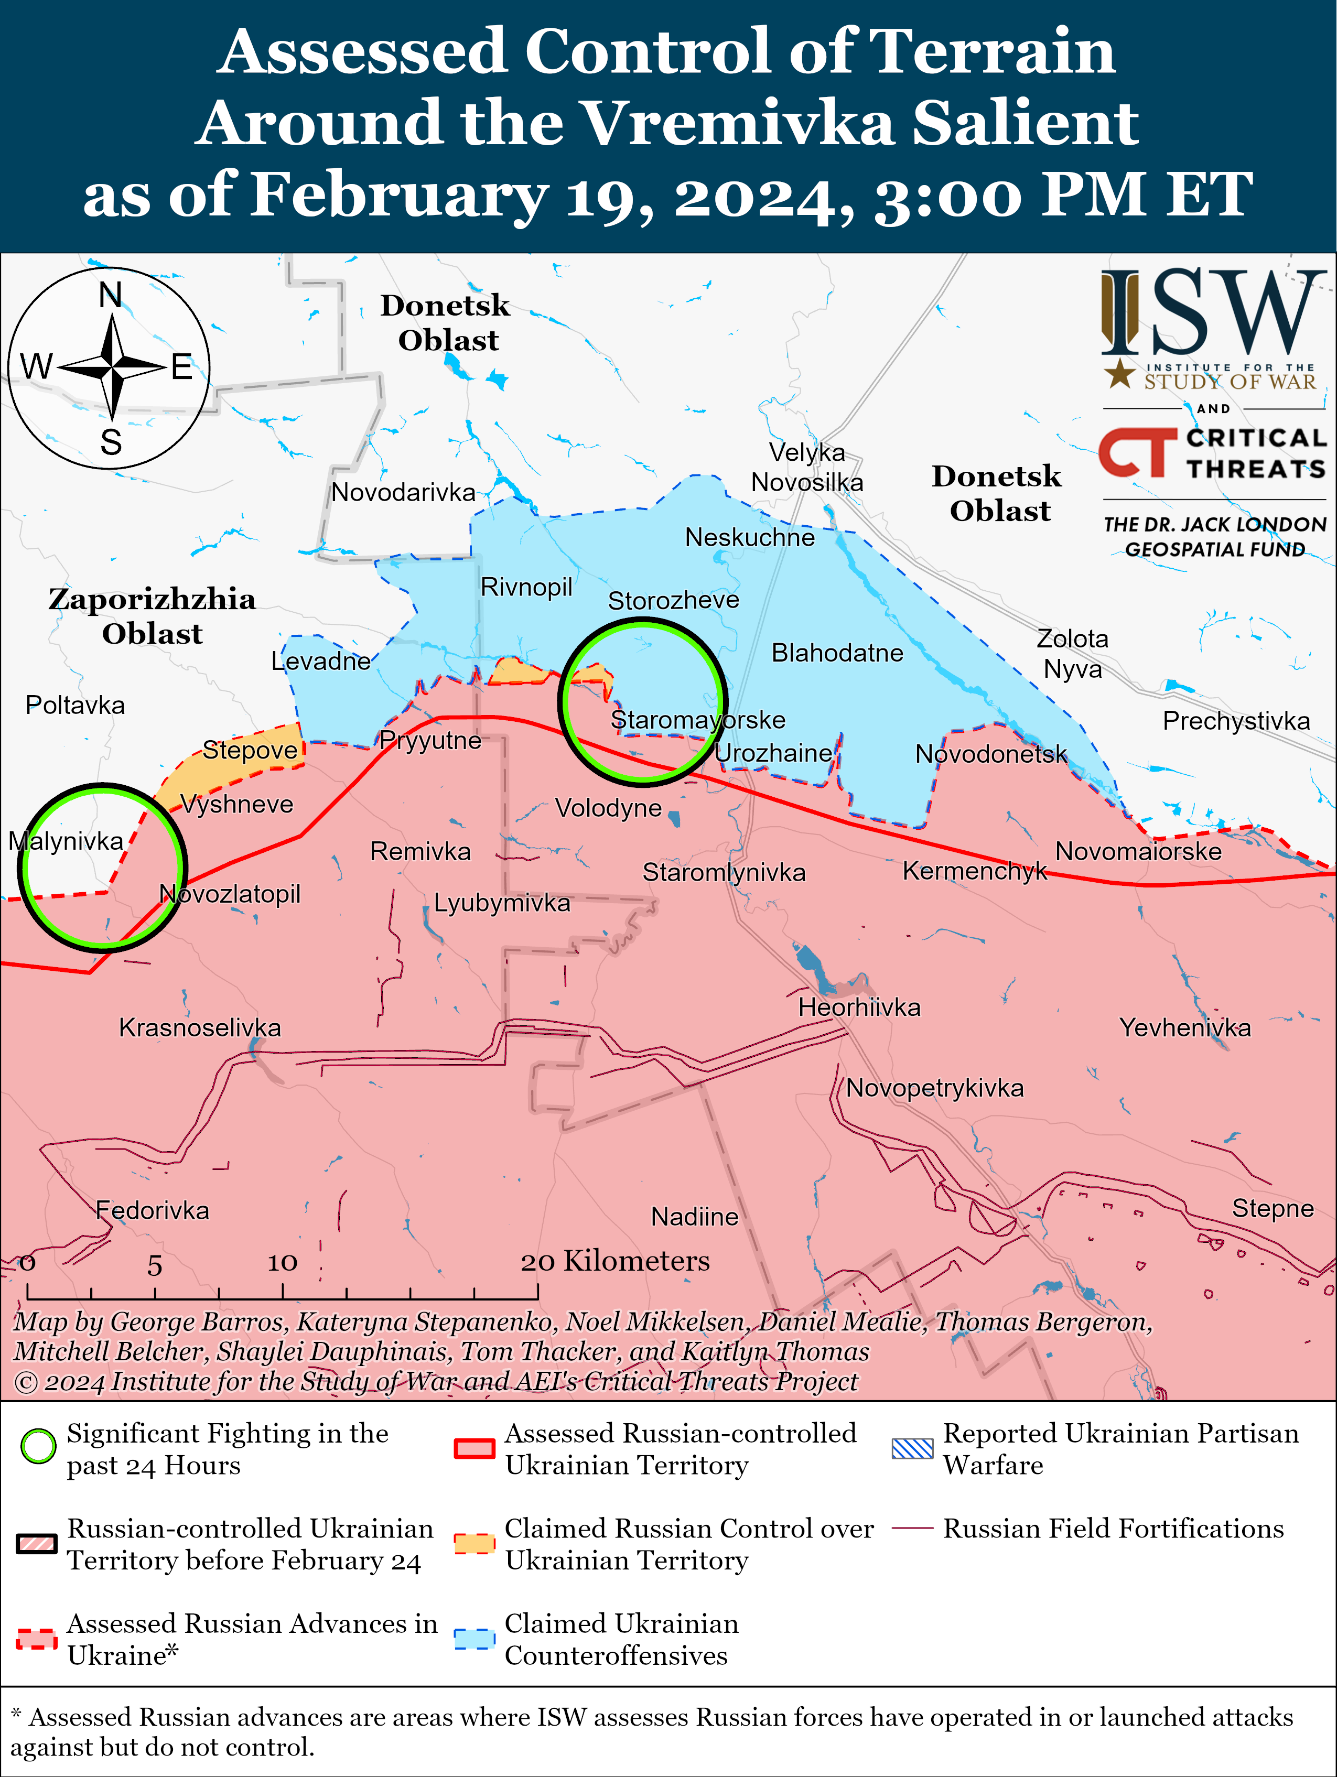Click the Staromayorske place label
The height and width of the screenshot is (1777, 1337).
pos(697,720)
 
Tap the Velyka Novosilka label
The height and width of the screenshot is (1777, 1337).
pos(807,468)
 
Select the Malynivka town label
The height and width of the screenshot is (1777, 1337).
pos(66,841)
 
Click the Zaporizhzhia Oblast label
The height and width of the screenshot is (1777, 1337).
pos(152,616)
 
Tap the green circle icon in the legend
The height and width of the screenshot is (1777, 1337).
pos(38,1447)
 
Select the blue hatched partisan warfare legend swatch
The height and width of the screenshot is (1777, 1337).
pos(913,1448)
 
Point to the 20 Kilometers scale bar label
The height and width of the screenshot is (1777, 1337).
pos(616,1261)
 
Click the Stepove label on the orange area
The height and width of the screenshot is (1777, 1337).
pos(250,750)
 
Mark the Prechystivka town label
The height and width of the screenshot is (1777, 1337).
pos(1236,721)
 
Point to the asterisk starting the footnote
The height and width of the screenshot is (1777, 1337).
pos(16,1716)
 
